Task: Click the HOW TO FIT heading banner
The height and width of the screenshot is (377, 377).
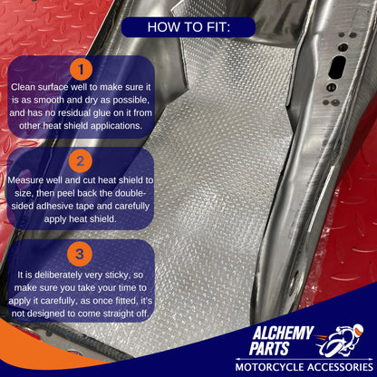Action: pyautogui.click(x=188, y=27)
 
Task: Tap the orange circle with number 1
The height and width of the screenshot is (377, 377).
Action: pyautogui.click(x=81, y=70)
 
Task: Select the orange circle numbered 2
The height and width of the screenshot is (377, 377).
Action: pyautogui.click(x=80, y=161)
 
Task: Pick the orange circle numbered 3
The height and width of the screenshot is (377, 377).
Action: pyautogui.click(x=80, y=254)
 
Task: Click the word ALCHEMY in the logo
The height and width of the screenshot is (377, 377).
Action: pyautogui.click(x=283, y=333)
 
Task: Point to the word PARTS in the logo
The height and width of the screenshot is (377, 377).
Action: pyautogui.click(x=269, y=348)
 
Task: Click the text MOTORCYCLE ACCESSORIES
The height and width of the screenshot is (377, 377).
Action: pyautogui.click(x=304, y=367)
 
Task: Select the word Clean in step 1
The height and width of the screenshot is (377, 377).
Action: pyautogui.click(x=23, y=87)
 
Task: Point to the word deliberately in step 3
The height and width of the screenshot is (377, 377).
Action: pyautogui.click(x=58, y=275)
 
